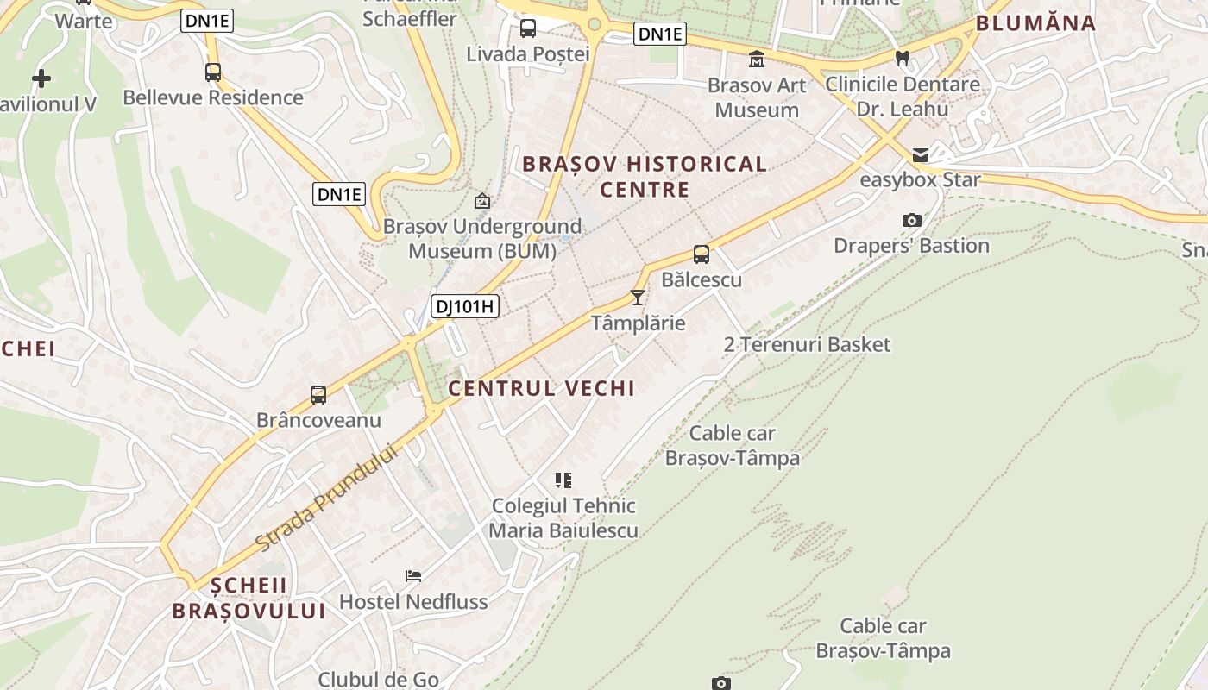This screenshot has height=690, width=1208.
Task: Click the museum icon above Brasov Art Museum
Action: pyautogui.click(x=757, y=59)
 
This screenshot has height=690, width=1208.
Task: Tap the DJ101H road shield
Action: pyautogui.click(x=465, y=305)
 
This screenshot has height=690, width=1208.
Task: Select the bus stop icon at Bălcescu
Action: pyautogui.click(x=702, y=254)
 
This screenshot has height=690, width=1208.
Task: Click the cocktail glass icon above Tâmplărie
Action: pyautogui.click(x=638, y=298)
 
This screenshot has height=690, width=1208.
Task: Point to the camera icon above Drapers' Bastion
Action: pyautogui.click(x=911, y=221)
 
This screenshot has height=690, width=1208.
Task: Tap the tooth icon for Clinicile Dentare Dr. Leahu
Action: pyautogui.click(x=903, y=59)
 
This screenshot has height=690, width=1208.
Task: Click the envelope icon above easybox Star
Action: pyautogui.click(x=921, y=155)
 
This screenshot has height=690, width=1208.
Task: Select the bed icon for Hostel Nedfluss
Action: pyautogui.click(x=413, y=575)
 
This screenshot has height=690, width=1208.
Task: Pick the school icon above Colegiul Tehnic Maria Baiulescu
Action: pyautogui.click(x=563, y=480)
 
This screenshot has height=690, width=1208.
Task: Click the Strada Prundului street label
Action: pyautogui.click(x=329, y=499)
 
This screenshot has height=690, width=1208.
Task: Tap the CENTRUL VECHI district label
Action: pyautogui.click(x=541, y=388)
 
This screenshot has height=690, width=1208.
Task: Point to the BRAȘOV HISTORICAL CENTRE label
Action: pyautogui.click(x=645, y=176)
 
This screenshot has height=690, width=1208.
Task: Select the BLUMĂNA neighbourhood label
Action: pyautogui.click(x=1035, y=23)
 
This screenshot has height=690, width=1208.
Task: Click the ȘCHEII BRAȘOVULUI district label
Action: pyautogui.click(x=249, y=598)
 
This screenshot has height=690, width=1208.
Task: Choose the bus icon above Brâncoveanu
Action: pyautogui.click(x=318, y=395)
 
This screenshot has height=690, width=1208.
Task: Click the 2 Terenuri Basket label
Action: pyautogui.click(x=807, y=344)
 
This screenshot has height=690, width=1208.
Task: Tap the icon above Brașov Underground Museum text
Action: pyautogui.click(x=482, y=202)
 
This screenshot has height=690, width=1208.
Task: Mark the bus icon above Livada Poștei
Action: pyautogui.click(x=527, y=28)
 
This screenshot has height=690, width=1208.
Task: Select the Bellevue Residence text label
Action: pyautogui.click(x=213, y=97)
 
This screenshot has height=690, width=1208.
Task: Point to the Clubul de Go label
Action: pyautogui.click(x=379, y=679)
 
